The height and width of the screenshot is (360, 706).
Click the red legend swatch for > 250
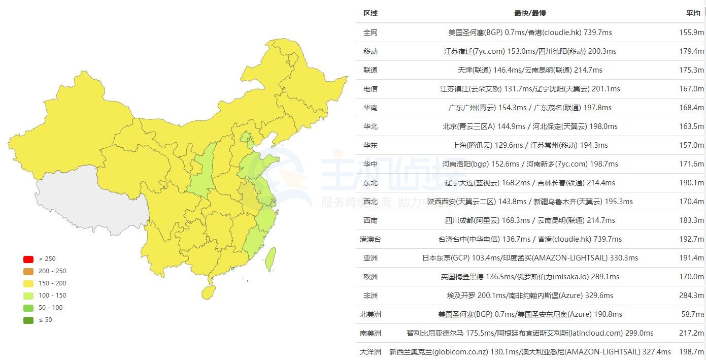pyautogui.click(x=28, y=259)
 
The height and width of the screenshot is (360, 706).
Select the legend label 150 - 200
pyautogui.click(x=52, y=283)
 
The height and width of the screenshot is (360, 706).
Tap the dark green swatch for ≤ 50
pyautogui.click(x=28, y=320)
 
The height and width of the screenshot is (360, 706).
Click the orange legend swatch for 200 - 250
pyautogui.click(x=28, y=271)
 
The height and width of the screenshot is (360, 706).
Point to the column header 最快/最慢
pyautogui.click(x=530, y=13)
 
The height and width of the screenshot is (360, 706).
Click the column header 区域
pyautogui.click(x=371, y=13)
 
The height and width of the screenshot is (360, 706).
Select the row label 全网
pyautogui.click(x=371, y=32)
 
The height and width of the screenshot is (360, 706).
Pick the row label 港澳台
pyautogui.click(x=371, y=239)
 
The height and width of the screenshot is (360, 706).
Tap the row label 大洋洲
pyautogui.click(x=371, y=352)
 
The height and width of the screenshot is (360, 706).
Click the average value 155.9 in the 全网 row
pyautogui.click(x=692, y=32)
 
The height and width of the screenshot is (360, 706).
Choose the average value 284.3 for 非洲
pyautogui.click(x=692, y=296)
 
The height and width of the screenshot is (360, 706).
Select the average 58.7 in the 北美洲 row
pyautogui.click(x=693, y=314)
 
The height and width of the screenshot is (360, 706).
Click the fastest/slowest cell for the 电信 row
pyautogui.click(x=530, y=89)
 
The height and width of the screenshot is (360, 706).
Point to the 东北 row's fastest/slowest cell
pyautogui.click(x=530, y=183)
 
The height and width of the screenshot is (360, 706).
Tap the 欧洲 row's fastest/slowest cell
pyautogui.click(x=530, y=277)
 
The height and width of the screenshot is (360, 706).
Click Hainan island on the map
pyautogui.click(x=208, y=292)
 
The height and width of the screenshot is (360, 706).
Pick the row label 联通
pyautogui.click(x=371, y=70)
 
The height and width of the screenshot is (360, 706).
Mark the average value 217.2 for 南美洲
pyautogui.click(x=692, y=333)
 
